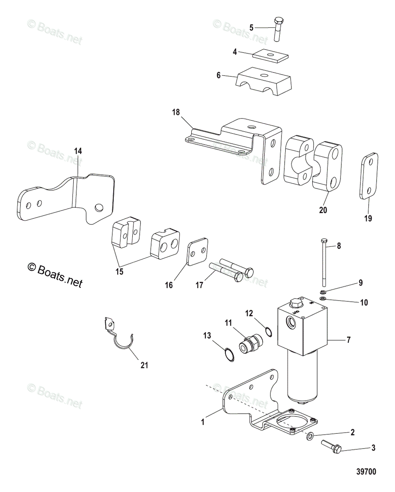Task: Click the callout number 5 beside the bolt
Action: [x=251, y=27]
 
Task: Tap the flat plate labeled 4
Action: [x=268, y=55]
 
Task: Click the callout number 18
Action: [x=176, y=112]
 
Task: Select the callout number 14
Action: [x=78, y=151]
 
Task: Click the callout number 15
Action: [x=119, y=271]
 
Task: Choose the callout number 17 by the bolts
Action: [x=199, y=285]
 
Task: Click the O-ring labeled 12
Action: [x=268, y=331]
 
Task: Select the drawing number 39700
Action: [x=366, y=471]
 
